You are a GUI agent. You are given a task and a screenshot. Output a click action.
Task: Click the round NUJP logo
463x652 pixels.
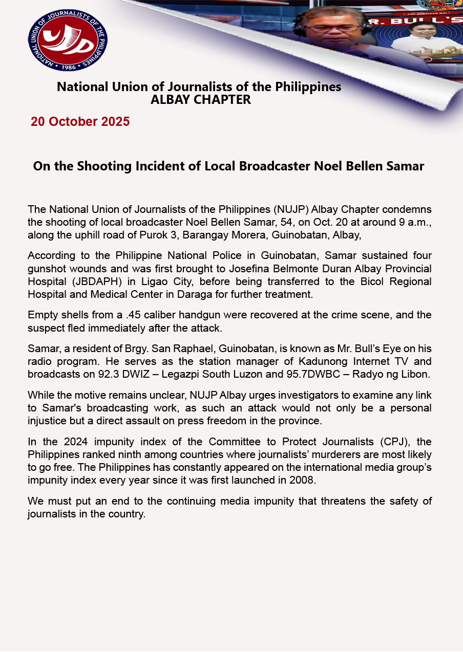[x=68, y=40]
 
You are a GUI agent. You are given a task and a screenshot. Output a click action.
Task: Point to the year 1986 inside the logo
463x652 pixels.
[x=68, y=67]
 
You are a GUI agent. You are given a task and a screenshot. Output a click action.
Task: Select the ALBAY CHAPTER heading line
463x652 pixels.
[x=201, y=100]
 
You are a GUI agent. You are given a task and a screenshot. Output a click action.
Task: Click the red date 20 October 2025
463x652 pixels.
[x=80, y=122]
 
